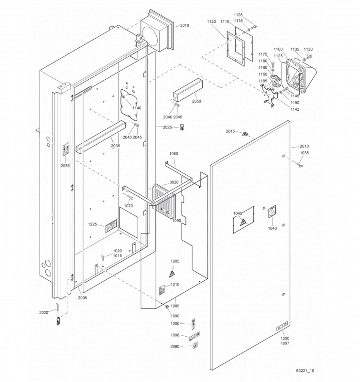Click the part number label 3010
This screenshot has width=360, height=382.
[x=184, y=25]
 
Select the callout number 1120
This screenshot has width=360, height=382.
[x=211, y=22]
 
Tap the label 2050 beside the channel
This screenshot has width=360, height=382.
[x=196, y=101]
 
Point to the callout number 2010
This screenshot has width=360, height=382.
[x=305, y=146]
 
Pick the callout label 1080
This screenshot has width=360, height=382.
[x=174, y=154]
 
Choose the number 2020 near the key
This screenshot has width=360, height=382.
[x=44, y=312]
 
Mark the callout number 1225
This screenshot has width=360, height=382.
[x=93, y=224]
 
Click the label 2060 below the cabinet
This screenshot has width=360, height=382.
[x=175, y=346]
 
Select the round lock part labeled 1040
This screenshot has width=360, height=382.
[x=272, y=212]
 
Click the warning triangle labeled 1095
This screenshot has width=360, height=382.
[x=172, y=274]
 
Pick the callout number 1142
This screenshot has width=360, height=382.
[x=295, y=109]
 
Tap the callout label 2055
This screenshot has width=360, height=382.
[x=65, y=166]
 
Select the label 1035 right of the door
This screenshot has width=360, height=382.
[x=305, y=153]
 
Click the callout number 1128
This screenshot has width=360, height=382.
[x=238, y=15]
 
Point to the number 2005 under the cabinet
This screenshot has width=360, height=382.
[x=83, y=297]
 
